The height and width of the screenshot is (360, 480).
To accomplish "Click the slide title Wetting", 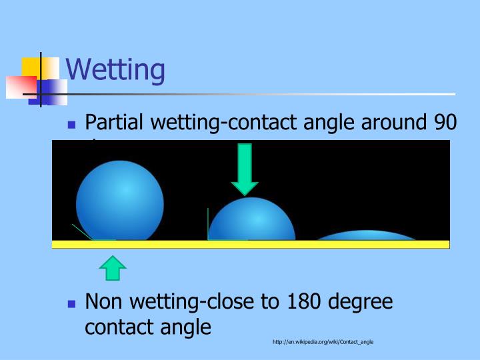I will click(115, 70).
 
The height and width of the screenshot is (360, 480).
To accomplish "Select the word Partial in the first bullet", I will click(116, 123).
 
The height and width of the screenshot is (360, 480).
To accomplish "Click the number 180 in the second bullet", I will click(305, 302).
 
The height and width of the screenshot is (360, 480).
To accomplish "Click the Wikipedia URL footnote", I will click(323, 342).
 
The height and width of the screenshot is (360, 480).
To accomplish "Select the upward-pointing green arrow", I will click(113, 268).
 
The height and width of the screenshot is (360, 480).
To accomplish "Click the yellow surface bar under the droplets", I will click(251, 244).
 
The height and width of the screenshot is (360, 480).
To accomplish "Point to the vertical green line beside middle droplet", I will click(208, 223).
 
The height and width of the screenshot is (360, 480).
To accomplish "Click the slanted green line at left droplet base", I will click(82, 231).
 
